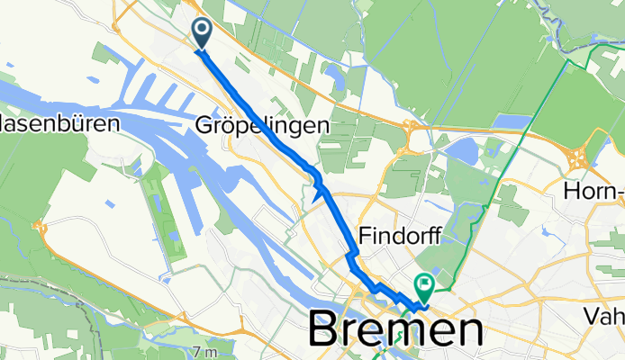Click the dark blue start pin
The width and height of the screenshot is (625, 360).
coord(200,34)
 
